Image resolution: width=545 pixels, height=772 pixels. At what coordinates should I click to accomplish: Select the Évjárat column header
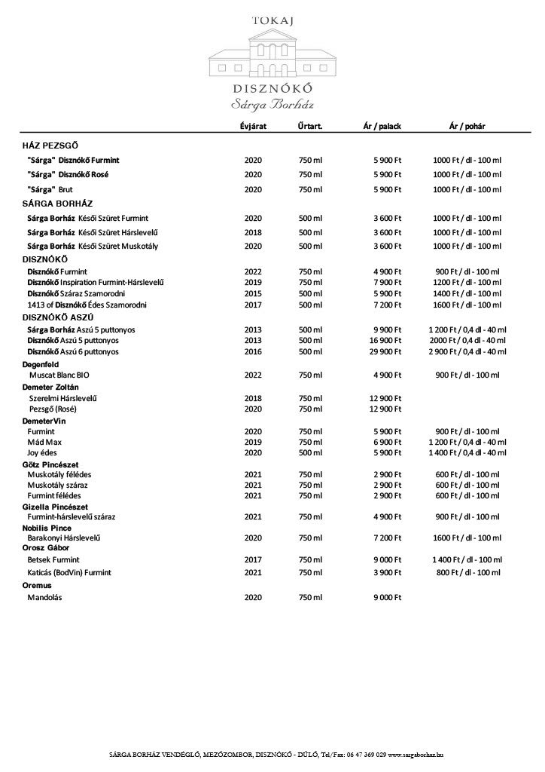[x=253, y=126]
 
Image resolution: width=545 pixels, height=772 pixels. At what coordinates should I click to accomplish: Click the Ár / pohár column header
[x=467, y=126]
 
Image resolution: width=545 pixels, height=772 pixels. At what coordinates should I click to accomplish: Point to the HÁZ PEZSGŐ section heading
[x=50, y=144]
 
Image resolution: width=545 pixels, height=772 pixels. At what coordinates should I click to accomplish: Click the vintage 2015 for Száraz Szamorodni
[x=253, y=293]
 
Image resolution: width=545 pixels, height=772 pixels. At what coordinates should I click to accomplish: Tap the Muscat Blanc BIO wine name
[x=64, y=374]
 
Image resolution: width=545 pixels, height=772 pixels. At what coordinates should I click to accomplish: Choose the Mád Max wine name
[x=44, y=441]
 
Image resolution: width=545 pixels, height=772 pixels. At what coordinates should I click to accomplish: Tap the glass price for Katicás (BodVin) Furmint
[x=467, y=573]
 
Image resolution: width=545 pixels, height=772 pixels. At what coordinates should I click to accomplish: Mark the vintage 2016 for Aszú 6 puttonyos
[x=253, y=351]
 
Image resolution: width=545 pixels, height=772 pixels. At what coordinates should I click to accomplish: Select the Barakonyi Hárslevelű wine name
[x=64, y=538]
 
